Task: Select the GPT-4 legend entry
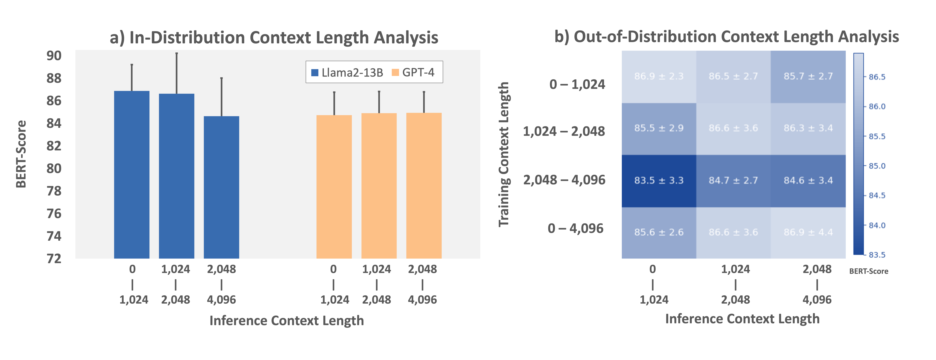point(413,73)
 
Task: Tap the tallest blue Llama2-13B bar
point(132,174)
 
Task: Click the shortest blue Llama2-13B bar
point(221,187)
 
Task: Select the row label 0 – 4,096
point(576,228)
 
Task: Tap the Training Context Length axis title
point(504,154)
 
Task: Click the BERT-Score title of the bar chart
point(21,154)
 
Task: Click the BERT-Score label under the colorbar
point(868,271)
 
